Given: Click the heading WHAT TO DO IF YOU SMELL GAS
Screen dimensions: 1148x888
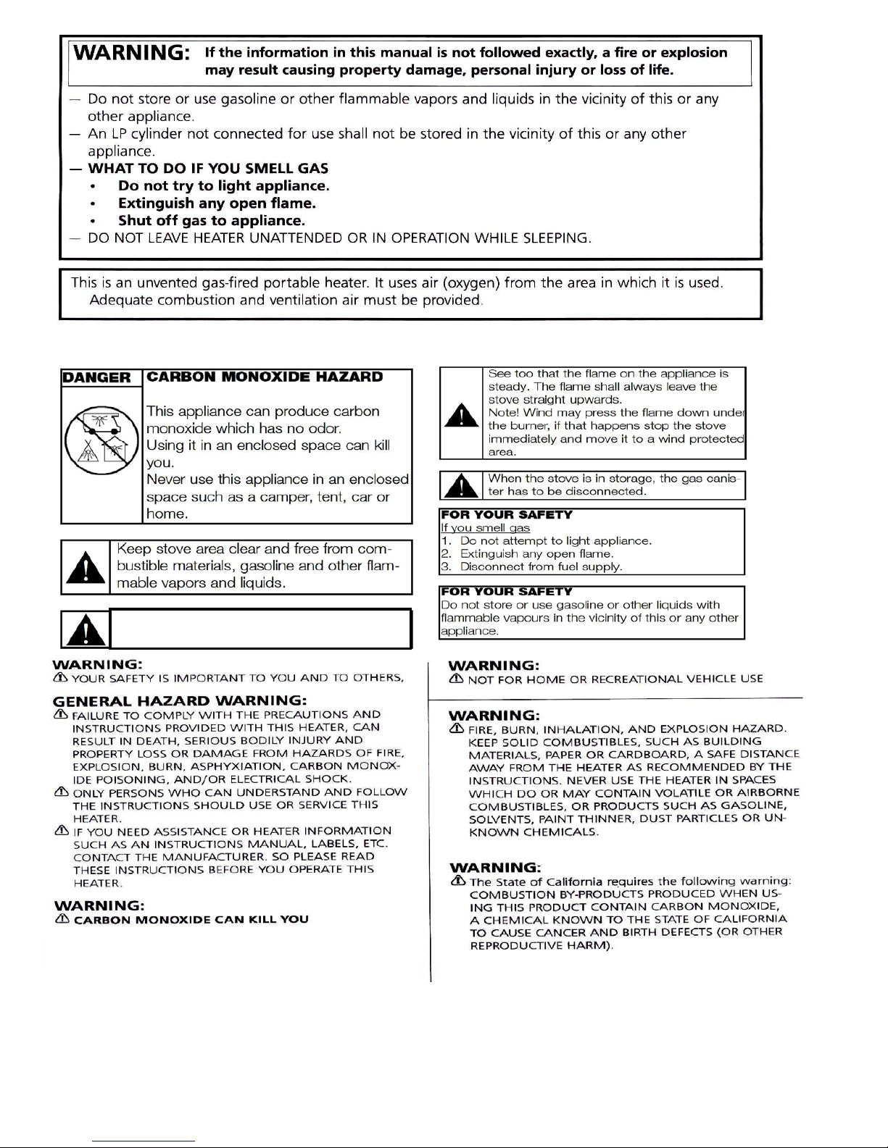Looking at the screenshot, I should tap(208, 169).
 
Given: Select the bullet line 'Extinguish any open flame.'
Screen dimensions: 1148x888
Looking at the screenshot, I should tap(217, 204).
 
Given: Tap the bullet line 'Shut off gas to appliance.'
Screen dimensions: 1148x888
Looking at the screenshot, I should tap(211, 221).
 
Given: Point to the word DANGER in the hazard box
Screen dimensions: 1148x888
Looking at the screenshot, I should tap(97, 377).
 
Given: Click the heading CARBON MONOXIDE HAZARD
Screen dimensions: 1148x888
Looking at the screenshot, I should tap(265, 377).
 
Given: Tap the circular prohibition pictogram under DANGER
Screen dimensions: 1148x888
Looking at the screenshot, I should tap(97, 440).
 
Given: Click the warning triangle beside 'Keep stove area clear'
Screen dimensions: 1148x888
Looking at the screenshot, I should tap(86, 567).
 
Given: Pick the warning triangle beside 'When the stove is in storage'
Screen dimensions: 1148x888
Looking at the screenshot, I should tap(461, 485).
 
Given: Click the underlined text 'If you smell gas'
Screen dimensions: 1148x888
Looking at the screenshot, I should tap(485, 528).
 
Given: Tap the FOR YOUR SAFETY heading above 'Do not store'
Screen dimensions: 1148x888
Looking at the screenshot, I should tap(506, 592).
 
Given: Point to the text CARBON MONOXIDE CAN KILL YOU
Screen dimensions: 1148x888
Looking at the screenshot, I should tap(191, 920).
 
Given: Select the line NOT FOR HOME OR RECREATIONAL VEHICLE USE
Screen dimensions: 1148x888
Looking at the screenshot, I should tap(615, 679).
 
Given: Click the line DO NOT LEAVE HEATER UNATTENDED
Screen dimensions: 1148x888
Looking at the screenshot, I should tap(339, 238).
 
